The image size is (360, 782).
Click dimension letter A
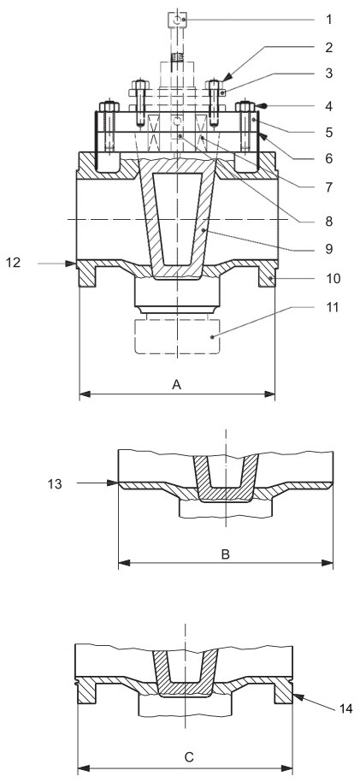(177, 385)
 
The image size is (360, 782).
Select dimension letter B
(225, 554)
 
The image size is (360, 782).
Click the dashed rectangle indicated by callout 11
(177, 337)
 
